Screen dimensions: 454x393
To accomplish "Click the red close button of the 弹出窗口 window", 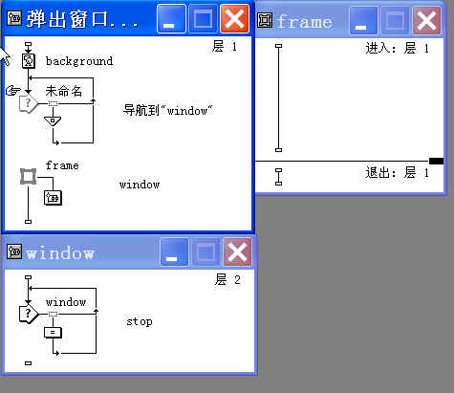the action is [234, 19].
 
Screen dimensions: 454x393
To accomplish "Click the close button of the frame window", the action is [426, 21].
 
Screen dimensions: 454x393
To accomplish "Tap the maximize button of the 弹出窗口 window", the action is [203, 19].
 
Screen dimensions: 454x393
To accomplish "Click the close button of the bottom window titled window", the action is [237, 252].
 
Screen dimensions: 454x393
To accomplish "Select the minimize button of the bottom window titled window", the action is [174, 252].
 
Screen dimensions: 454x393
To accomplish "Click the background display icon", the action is [29, 60].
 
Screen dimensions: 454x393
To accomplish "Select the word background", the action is [79, 61].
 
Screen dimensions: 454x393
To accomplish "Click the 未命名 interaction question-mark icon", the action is [29, 103].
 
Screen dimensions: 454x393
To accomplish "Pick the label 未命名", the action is [64, 91].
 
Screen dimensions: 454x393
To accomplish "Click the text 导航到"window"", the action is [167, 110].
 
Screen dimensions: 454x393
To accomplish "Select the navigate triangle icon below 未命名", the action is [53, 121].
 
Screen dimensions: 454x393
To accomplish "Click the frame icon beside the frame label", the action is [28, 176].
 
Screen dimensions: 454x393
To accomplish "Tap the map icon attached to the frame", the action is [53, 198].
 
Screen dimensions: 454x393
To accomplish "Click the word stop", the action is [140, 321].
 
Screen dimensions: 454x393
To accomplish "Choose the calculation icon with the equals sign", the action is [53, 333].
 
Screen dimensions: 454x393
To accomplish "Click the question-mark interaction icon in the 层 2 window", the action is [29, 315].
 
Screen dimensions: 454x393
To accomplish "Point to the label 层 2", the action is [227, 280].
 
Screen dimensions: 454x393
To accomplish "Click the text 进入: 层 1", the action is [397, 49].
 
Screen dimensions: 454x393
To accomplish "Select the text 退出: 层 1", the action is [397, 173].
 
